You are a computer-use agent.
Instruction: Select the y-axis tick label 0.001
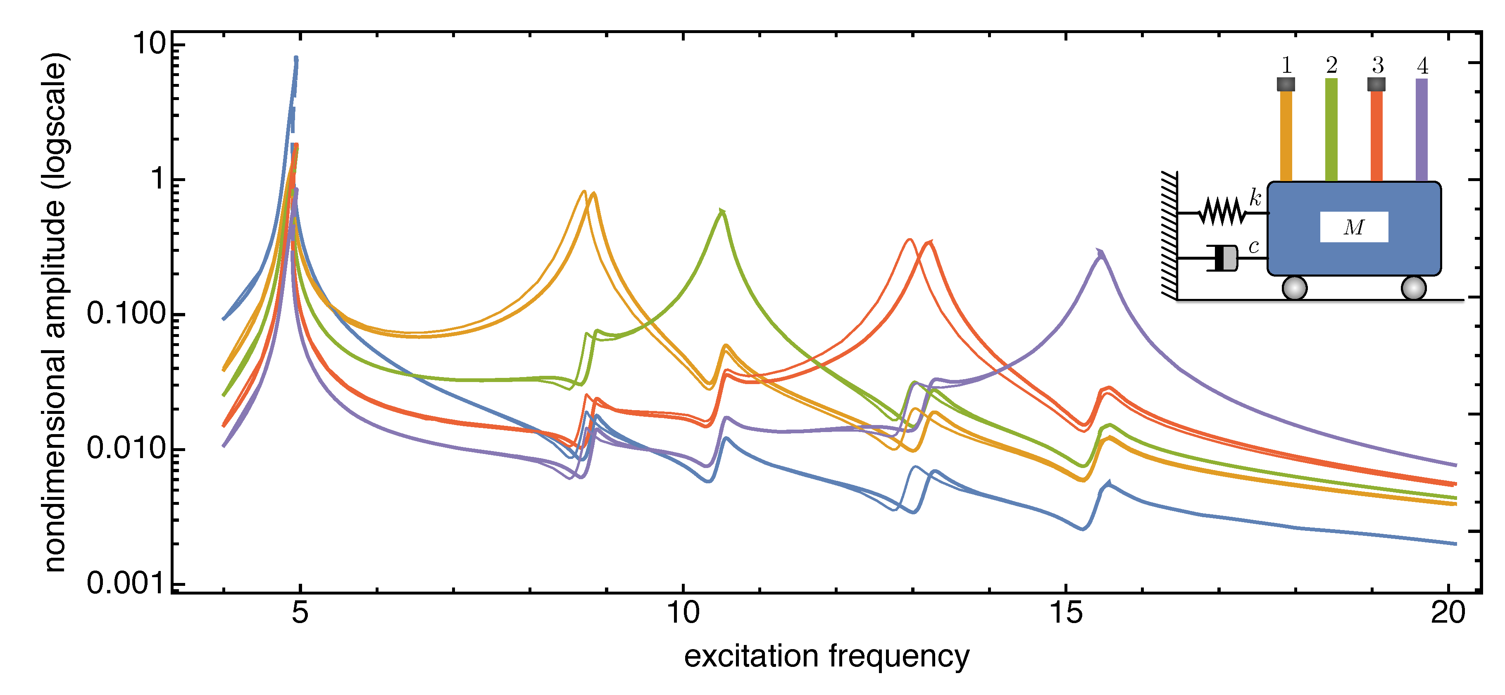(x=126, y=583)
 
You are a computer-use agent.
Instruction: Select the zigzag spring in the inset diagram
(x=1222, y=212)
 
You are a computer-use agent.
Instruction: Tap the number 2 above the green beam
(x=1331, y=65)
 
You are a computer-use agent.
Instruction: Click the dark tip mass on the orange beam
(x=1285, y=84)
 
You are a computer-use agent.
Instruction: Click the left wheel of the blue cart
(x=1294, y=288)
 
